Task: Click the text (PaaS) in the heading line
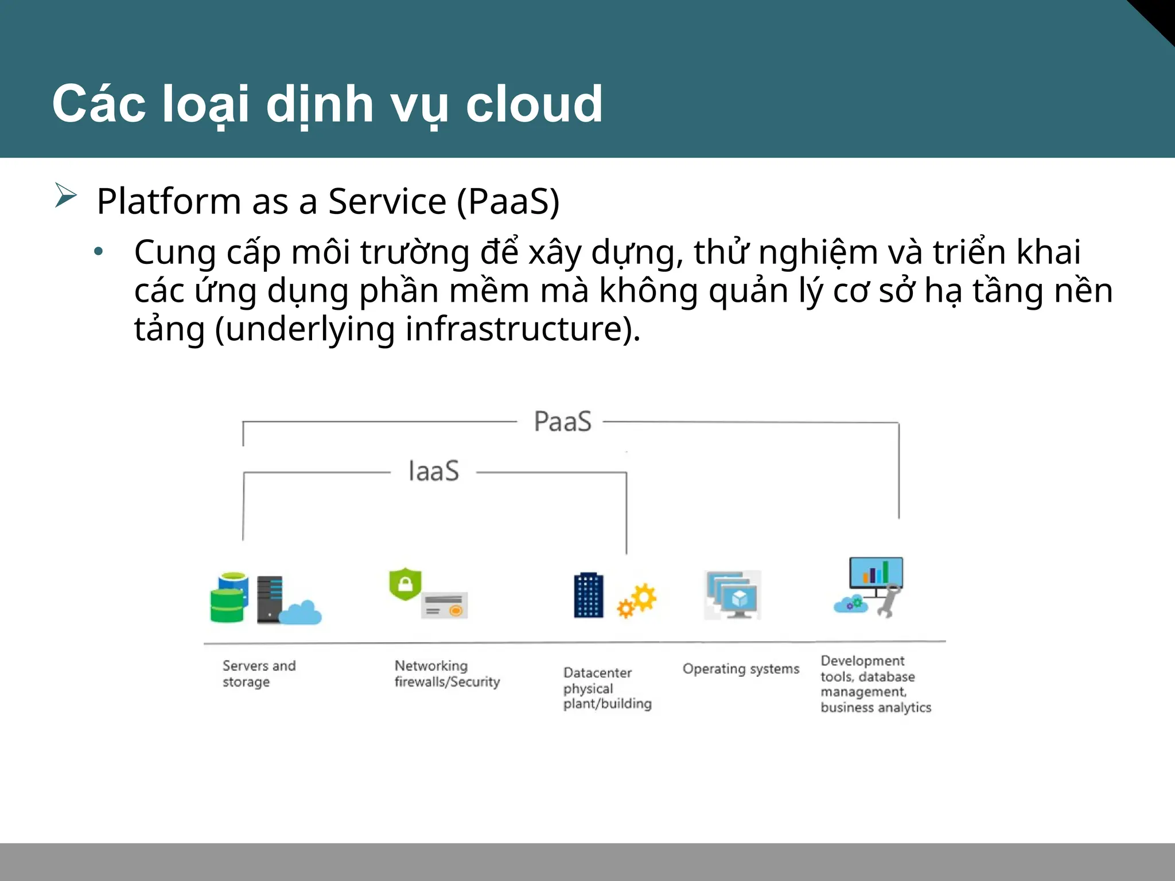(508, 201)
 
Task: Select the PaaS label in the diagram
(562, 422)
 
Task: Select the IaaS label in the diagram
(434, 471)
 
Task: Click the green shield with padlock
(405, 583)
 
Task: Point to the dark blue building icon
(589, 595)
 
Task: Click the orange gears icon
(637, 600)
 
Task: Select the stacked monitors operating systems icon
(733, 595)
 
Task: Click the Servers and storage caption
(259, 673)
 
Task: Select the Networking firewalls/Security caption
(447, 673)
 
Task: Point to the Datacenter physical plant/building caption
(607, 688)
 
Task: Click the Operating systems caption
(741, 669)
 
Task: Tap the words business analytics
(876, 707)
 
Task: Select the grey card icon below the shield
(445, 606)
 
